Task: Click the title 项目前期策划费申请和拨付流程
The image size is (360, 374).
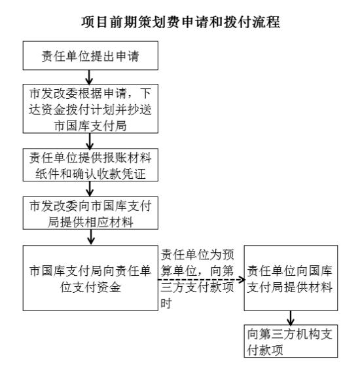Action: coord(180,22)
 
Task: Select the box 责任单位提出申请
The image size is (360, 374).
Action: coord(90,56)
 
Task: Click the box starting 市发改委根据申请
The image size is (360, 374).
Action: coord(90,109)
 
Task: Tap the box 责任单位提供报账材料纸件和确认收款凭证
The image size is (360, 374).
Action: coord(90,165)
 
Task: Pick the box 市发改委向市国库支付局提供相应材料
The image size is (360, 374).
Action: coord(90,214)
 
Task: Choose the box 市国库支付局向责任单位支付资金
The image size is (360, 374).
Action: coord(90,278)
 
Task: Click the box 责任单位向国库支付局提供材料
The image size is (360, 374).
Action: coord(291,278)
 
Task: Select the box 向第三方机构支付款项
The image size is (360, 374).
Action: coord(291,341)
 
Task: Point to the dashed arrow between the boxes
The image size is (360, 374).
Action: coord(202,280)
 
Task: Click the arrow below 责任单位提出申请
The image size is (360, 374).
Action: coord(89,77)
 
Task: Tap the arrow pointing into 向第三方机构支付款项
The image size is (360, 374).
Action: coord(291,318)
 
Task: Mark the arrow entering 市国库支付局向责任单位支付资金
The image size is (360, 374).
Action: coord(91,237)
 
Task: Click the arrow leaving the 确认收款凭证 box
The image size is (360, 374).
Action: coord(90,189)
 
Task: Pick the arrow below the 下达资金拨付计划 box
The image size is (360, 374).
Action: coord(90,141)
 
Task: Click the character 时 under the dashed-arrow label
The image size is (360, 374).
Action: coord(166,304)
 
